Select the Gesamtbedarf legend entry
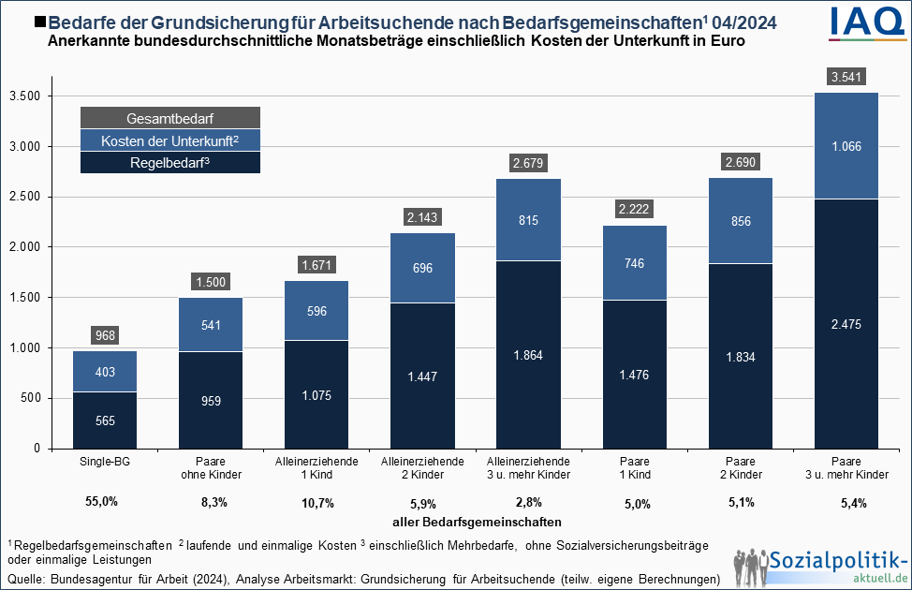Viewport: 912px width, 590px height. point(169,118)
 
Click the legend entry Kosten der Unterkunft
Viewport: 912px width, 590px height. point(169,140)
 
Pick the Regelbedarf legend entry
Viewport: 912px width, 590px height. point(169,163)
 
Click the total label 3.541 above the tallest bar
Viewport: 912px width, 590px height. point(846,77)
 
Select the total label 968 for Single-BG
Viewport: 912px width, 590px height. point(105,334)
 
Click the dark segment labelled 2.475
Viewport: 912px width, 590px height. point(846,324)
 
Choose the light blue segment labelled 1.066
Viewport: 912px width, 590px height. point(846,146)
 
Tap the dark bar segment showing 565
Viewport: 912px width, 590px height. point(105,420)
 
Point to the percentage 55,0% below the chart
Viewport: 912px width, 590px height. point(102,502)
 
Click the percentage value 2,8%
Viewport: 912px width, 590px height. point(530,503)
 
